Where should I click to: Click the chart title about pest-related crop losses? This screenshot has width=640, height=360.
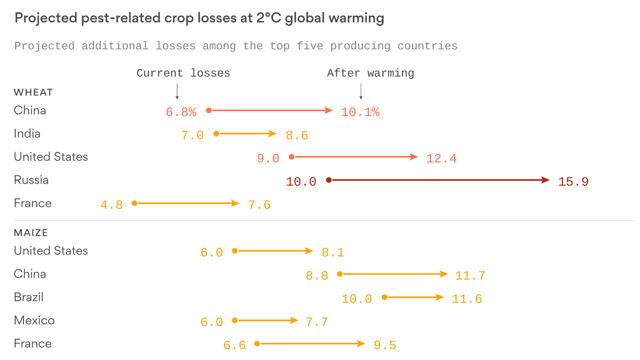(199, 18)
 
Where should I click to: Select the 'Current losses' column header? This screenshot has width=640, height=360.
(183, 73)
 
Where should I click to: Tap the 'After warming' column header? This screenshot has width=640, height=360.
(370, 73)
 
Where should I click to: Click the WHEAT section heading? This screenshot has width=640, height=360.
(33, 92)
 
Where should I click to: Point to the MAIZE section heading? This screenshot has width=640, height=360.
(31, 232)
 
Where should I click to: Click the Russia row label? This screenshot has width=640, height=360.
(31, 180)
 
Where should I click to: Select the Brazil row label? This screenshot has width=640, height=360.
(29, 297)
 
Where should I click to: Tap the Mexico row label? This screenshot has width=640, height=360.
(34, 321)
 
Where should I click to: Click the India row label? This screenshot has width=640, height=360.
(27, 134)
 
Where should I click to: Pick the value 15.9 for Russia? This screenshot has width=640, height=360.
(573, 182)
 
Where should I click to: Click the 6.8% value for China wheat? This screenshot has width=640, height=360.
(181, 112)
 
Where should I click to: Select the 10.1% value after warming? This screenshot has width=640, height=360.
(360, 112)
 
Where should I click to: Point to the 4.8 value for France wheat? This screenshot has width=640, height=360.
(112, 205)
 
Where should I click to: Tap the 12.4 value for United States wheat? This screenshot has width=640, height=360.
(441, 159)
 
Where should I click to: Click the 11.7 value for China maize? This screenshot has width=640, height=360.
(470, 276)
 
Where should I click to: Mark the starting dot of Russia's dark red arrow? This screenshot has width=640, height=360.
(329, 180)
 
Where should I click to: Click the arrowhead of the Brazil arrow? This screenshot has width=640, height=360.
(440, 297)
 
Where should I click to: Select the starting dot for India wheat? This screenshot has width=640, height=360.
(216, 134)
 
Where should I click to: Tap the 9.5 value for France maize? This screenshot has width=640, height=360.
(385, 346)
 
